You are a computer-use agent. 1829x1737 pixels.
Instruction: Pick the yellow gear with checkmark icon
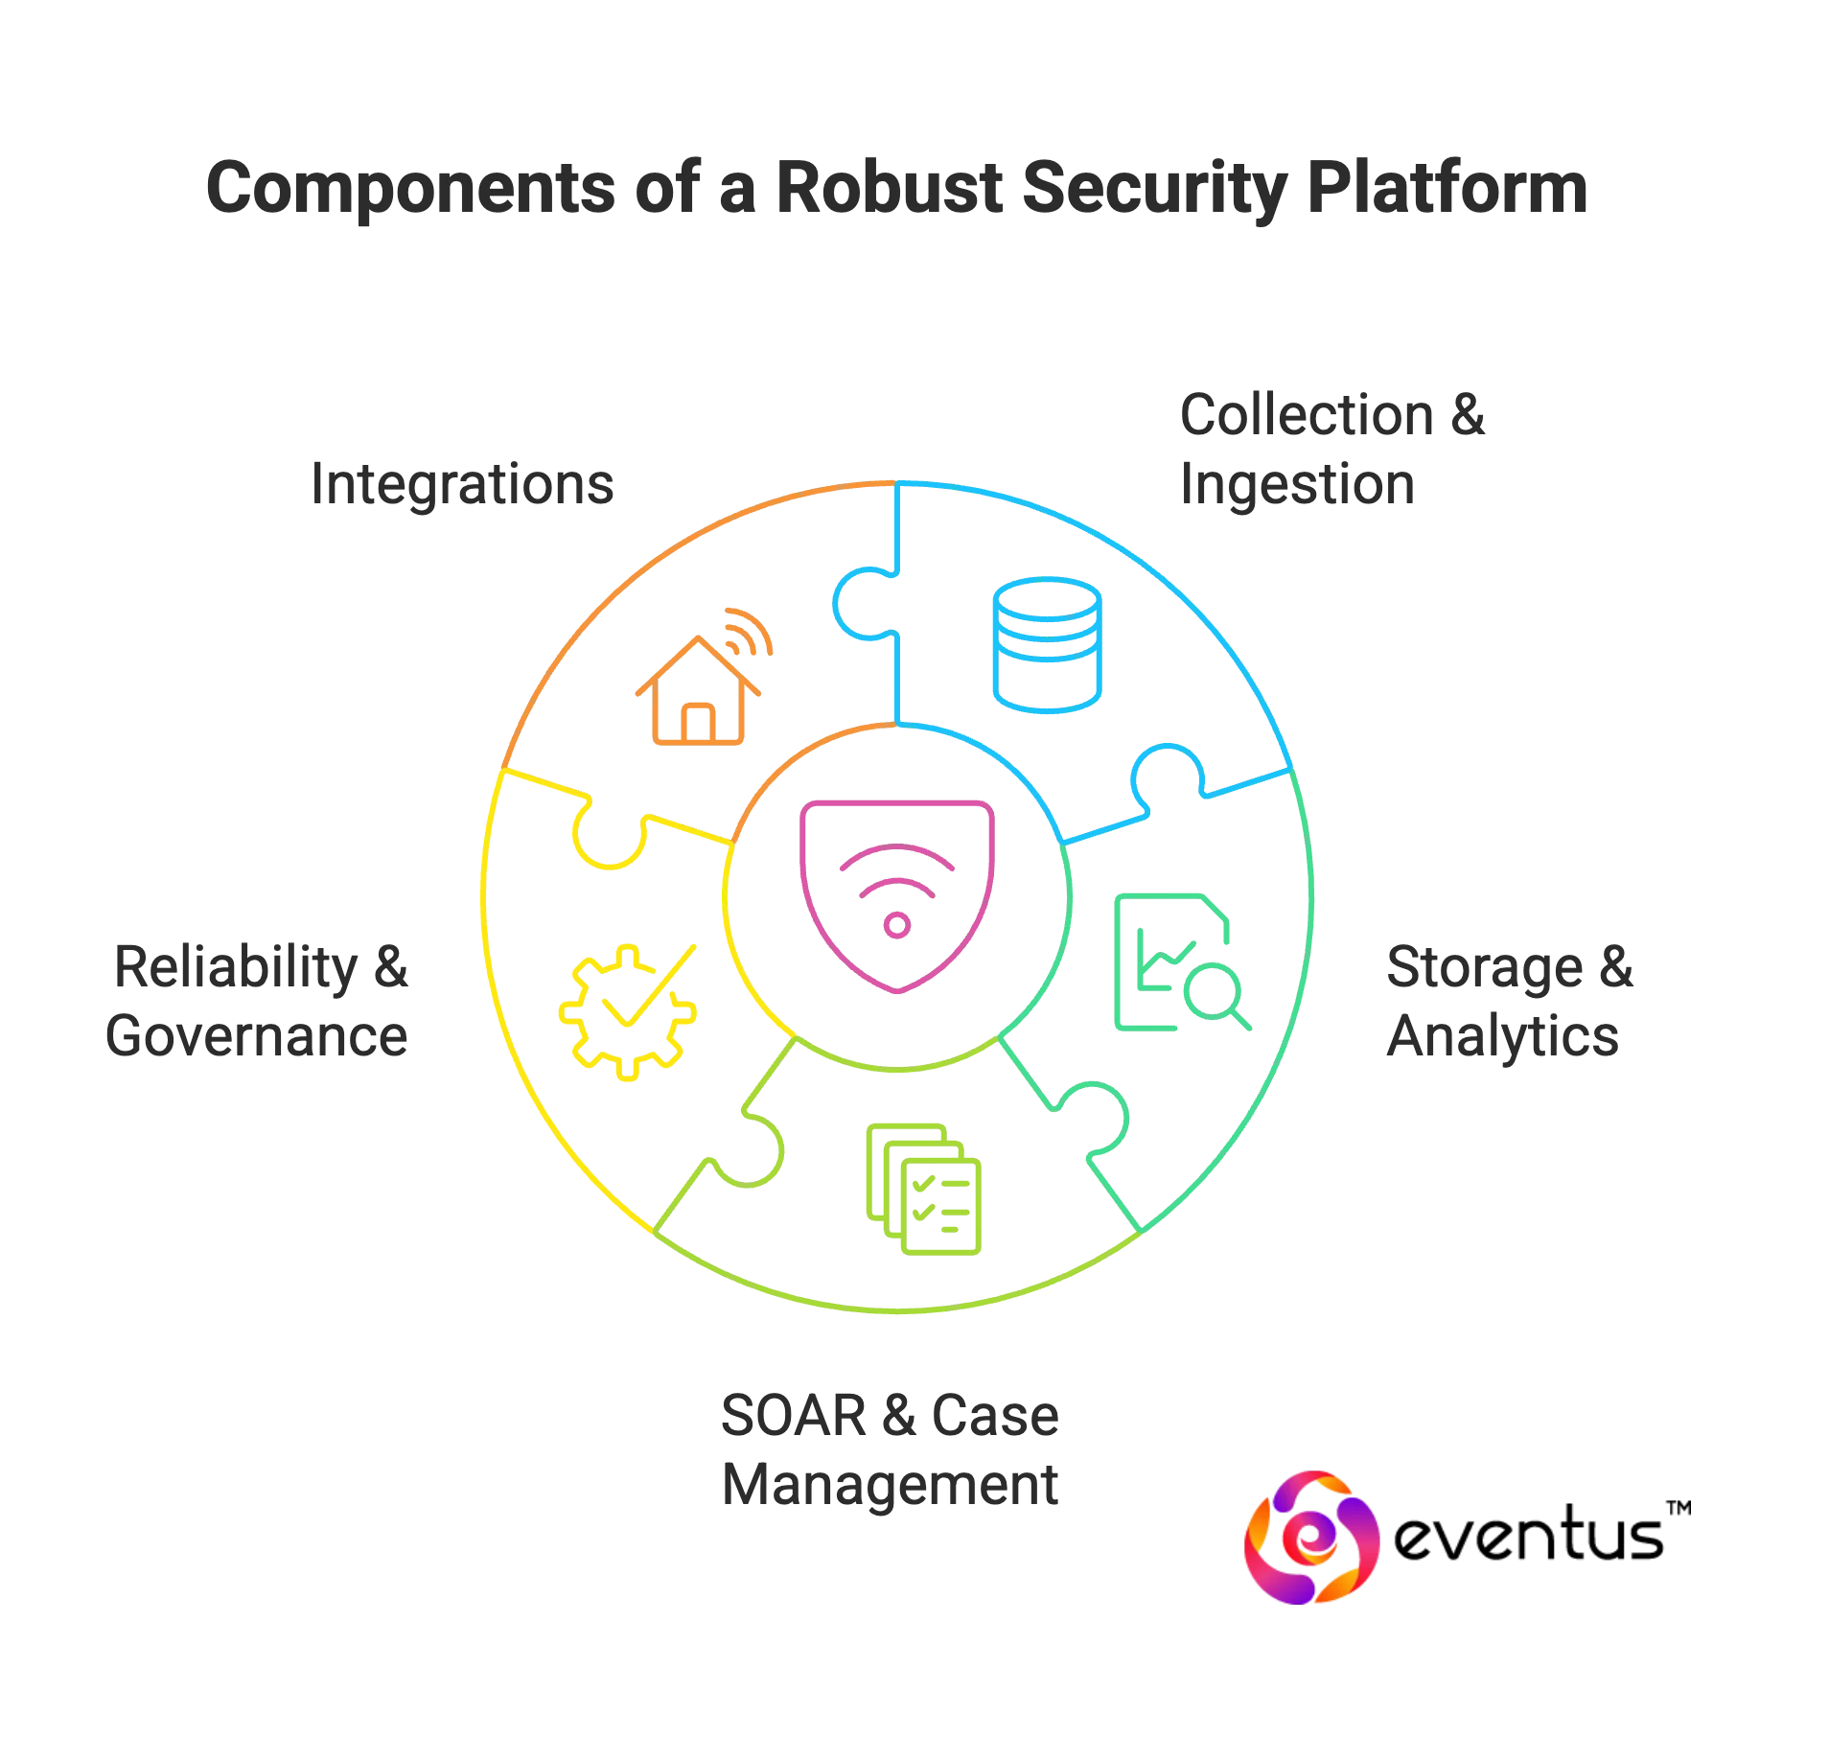[626, 1012]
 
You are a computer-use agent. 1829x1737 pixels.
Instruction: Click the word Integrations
[463, 485]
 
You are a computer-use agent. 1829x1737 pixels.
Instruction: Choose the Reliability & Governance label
[259, 1002]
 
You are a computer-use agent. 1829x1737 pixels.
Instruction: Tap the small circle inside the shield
[898, 925]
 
